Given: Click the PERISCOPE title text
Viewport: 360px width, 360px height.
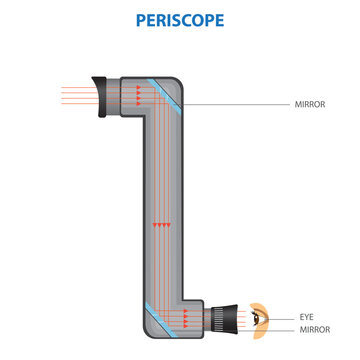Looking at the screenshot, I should (180, 19).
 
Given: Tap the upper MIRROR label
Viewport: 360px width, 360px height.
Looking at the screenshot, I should (309, 103).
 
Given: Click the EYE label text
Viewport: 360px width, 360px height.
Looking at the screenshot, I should (306, 316).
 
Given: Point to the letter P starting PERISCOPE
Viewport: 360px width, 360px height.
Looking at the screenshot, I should (137, 19).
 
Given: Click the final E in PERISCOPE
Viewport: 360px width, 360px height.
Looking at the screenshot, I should (222, 19).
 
